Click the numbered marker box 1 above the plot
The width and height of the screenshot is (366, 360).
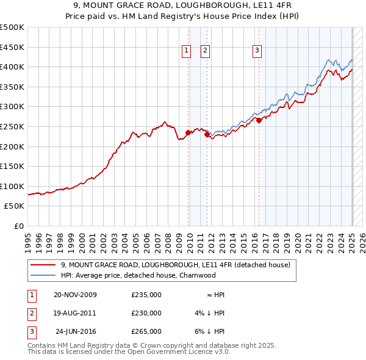[x=185, y=51]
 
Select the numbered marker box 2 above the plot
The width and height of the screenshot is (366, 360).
[x=205, y=51]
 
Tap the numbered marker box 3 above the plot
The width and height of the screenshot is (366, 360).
[x=257, y=51]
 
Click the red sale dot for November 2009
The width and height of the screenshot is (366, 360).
[x=188, y=132]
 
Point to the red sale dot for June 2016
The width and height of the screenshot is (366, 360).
[x=259, y=120]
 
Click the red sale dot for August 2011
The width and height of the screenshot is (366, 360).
[x=207, y=134]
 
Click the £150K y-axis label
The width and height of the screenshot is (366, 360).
[x=12, y=166]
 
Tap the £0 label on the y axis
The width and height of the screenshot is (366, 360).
[x=18, y=226]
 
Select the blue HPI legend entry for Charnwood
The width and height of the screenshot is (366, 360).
[x=138, y=275]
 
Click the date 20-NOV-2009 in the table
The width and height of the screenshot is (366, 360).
[x=75, y=295]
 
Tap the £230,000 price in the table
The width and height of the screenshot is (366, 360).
[x=146, y=313]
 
